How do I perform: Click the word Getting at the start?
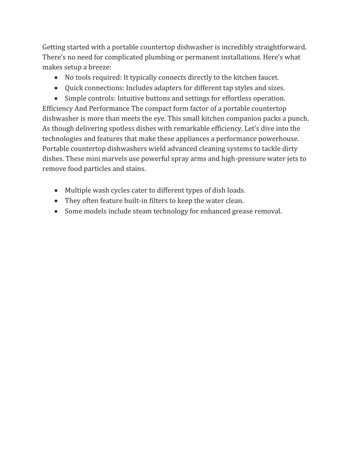[54, 47]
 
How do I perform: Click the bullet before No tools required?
[57, 78]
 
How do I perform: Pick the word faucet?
[269, 77]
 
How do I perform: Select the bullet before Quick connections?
[57, 88]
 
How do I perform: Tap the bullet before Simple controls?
[57, 98]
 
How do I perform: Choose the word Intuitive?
[131, 98]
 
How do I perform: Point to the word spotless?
[118, 129]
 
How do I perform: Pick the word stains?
[136, 169]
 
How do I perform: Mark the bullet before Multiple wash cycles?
[57, 191]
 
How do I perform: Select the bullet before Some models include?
[57, 211]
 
